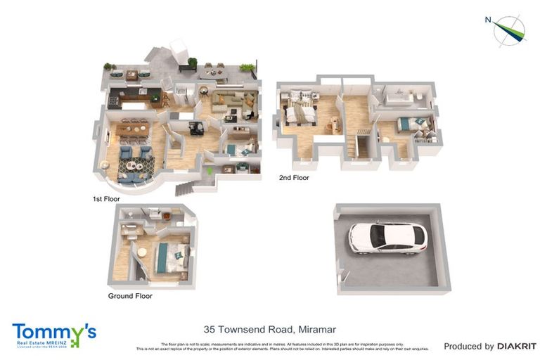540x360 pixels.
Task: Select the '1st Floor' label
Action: point(106,199)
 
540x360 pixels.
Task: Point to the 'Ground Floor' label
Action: point(129,296)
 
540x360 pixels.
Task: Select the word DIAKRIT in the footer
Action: point(517,346)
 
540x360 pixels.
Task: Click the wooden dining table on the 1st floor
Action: point(133,129)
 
